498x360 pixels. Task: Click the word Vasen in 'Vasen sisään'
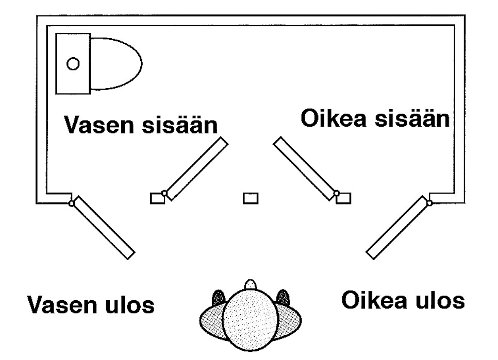[x=96, y=126]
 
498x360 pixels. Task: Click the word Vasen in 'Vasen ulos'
[x=60, y=305]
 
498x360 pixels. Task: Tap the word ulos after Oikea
[x=440, y=300]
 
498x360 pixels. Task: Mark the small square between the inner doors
[x=251, y=198]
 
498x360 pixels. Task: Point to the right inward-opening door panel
[x=305, y=167]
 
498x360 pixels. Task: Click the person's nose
[x=251, y=284]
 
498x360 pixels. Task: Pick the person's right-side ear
[x=282, y=298]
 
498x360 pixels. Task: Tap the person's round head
[x=251, y=316]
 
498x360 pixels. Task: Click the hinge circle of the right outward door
[x=429, y=202]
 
